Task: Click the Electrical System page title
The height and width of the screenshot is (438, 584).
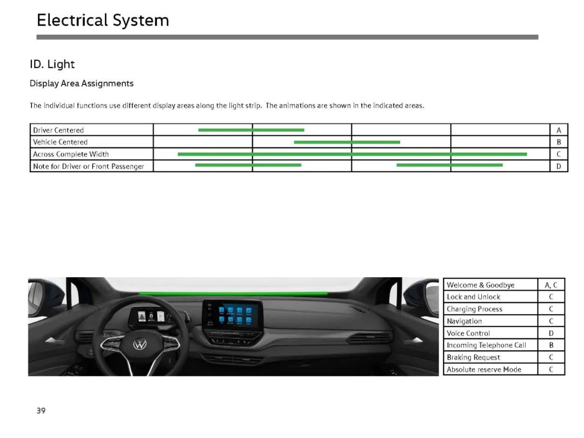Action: [103, 21]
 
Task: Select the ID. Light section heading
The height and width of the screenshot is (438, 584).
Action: [52, 64]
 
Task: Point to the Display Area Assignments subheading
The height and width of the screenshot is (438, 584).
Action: [82, 83]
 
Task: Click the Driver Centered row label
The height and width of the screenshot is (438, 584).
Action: [58, 130]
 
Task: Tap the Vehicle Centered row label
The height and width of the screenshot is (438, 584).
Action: [61, 142]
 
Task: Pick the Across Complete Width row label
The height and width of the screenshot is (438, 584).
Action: [71, 154]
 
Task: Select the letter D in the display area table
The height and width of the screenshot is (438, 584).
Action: [559, 166]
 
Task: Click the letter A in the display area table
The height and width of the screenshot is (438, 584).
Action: [559, 130]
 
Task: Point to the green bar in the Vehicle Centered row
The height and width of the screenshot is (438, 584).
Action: [347, 142]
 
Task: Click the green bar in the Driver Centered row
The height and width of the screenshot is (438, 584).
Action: [251, 130]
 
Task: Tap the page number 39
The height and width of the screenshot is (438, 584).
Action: [41, 411]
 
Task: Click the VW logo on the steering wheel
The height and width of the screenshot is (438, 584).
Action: [140, 344]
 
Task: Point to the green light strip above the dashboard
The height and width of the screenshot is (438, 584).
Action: [234, 293]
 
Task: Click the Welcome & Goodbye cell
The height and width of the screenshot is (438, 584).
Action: [481, 285]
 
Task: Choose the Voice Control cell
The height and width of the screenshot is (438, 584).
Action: [468, 334]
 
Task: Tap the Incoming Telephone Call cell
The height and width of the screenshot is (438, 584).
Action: [487, 345]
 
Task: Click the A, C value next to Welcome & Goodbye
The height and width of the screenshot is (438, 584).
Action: [551, 285]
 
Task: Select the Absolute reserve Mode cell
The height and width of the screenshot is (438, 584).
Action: [484, 369]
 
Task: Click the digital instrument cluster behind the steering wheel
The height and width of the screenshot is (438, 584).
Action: [152, 317]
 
